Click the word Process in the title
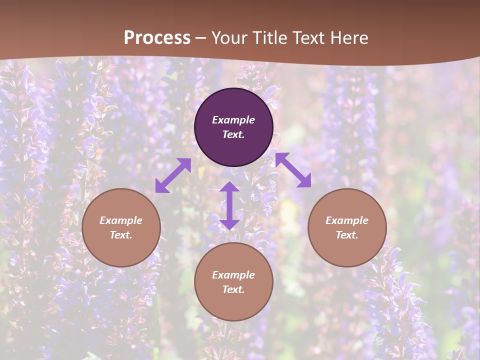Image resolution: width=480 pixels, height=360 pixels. point(157,38)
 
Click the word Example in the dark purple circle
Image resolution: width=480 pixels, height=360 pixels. point(233,120)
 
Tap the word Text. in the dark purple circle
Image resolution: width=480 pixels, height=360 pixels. point(233,134)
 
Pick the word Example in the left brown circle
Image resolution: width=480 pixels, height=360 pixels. point(121,220)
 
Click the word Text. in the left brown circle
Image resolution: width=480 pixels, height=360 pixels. point(121,235)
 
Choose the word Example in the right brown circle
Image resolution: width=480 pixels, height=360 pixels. point(347,220)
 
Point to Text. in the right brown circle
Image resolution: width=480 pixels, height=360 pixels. point(347,235)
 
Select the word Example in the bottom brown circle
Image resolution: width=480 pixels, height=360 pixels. point(233,275)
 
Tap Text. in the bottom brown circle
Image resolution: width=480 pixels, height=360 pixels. point(233,289)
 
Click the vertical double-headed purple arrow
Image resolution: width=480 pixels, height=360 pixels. point(229,205)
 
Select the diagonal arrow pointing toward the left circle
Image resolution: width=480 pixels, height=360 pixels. point(173,175)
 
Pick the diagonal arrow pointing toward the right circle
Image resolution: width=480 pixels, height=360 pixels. point(293,170)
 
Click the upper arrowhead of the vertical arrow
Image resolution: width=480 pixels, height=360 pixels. point(229,187)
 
